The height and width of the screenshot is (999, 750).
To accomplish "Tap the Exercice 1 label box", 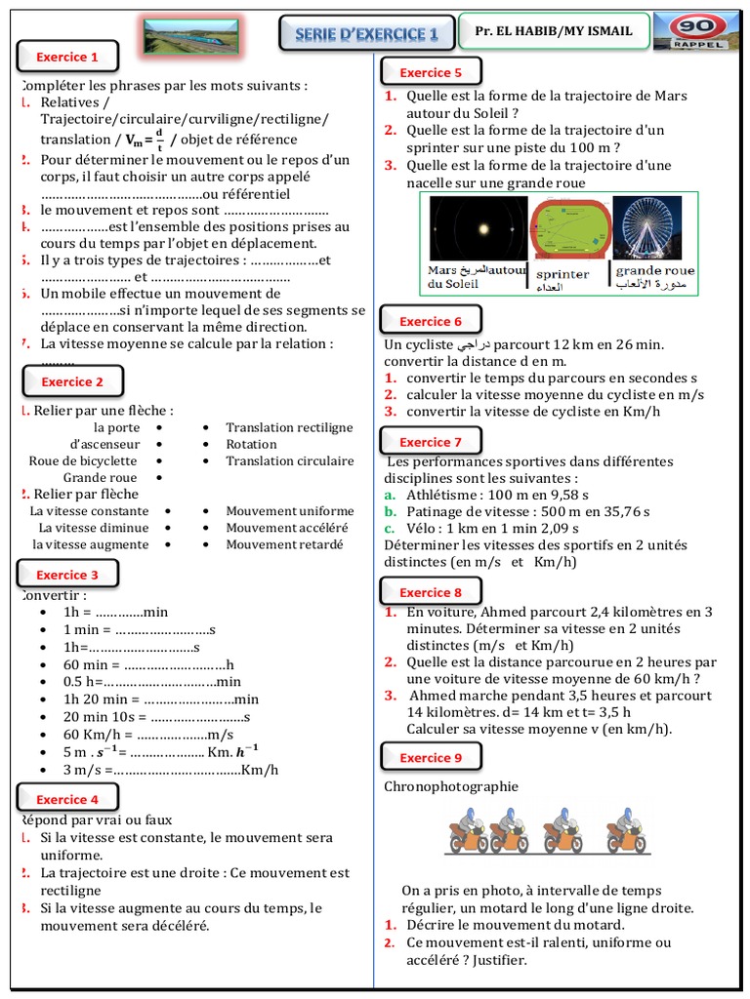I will coord(67,58).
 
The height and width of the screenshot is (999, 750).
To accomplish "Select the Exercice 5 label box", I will coord(431,73).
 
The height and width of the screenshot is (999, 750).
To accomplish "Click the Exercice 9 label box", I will coord(431,758).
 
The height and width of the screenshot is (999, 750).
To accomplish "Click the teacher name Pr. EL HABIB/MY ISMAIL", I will coord(554,31).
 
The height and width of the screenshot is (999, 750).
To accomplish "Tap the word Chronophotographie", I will coord(451,786).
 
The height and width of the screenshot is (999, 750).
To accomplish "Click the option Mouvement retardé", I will coord(284,544).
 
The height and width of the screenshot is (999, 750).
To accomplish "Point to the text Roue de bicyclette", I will coord(83,460).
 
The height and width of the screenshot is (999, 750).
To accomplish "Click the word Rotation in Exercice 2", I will coord(251,444).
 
